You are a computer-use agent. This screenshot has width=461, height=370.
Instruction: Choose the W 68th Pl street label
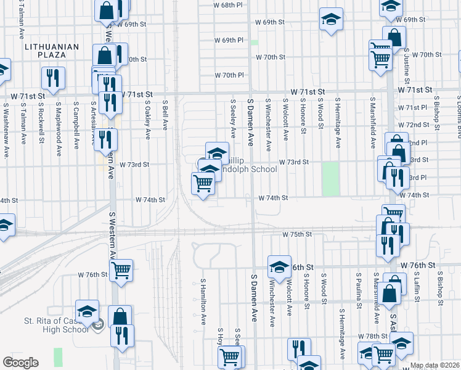point(229,5)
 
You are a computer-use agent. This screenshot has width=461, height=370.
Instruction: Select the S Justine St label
point(407,68)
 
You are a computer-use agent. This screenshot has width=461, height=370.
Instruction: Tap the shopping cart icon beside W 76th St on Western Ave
point(121,269)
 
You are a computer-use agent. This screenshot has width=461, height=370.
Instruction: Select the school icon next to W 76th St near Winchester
point(279,266)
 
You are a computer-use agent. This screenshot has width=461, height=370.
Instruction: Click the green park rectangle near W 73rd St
point(331,179)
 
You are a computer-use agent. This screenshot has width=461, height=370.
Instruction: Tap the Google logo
point(20,363)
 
